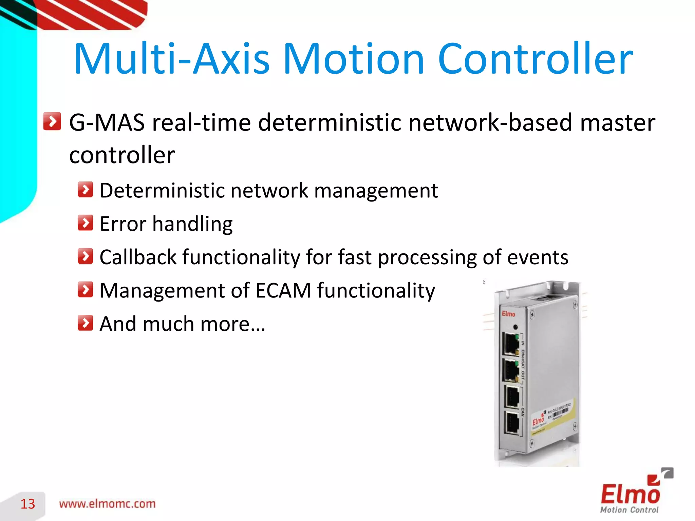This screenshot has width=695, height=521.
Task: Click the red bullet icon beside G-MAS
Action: pyautogui.click(x=52, y=121)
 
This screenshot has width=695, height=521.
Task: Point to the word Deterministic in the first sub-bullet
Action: pyautogui.click(x=163, y=190)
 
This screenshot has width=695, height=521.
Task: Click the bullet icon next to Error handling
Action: pyautogui.click(x=85, y=223)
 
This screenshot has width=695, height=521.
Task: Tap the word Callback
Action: pyautogui.click(x=138, y=257)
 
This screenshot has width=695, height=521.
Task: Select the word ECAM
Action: pyautogui.click(x=283, y=290)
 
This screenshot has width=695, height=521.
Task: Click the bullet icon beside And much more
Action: pyautogui.click(x=85, y=323)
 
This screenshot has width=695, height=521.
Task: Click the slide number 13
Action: pyautogui.click(x=27, y=504)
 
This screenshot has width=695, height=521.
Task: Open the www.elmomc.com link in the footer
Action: pyautogui.click(x=107, y=504)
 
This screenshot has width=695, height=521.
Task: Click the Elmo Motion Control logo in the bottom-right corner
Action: pyautogui.click(x=632, y=494)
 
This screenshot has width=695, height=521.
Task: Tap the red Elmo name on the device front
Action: pyautogui.click(x=508, y=314)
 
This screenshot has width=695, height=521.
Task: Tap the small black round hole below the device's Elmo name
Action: pyautogui.click(x=515, y=327)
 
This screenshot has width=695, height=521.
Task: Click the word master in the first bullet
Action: pyautogui.click(x=617, y=122)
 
